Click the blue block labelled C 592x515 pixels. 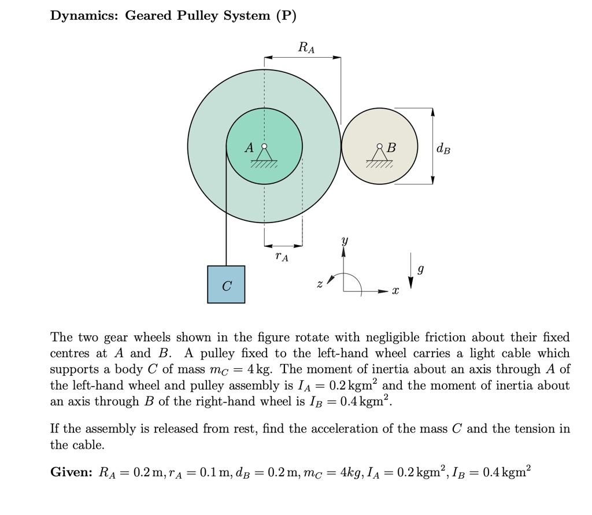pos(226,284)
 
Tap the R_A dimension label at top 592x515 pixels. pos(306,48)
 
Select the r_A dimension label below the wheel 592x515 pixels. pos(281,255)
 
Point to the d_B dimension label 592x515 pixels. pos(443,149)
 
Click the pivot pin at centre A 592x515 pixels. pos(264,146)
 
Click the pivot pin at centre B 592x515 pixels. pos(379,146)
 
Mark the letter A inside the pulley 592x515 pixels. pos(249,147)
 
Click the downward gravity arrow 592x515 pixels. pos(410,271)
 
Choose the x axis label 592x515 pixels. pos(395,293)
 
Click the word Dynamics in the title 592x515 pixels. pos(84,16)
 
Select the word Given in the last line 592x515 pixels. pos(71,472)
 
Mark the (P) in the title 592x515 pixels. pos(286,16)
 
